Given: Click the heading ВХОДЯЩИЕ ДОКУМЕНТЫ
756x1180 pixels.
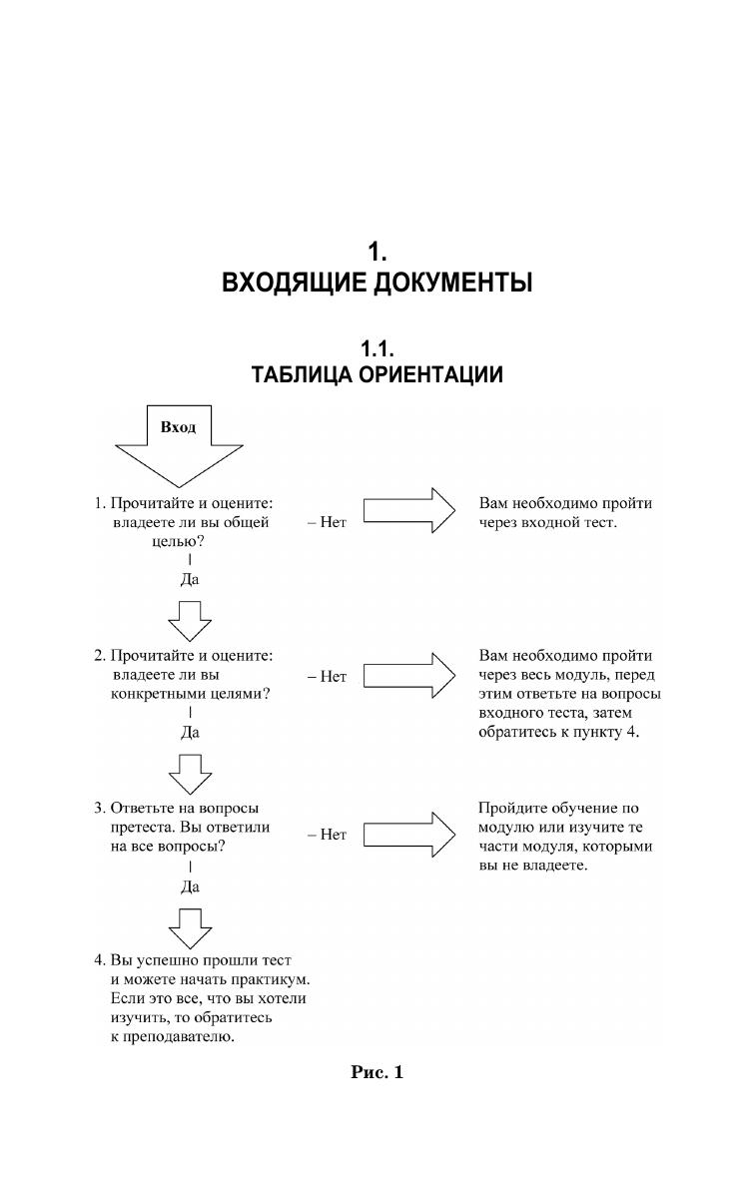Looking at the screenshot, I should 377,284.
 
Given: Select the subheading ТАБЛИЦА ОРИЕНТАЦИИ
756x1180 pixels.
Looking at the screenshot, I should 377,375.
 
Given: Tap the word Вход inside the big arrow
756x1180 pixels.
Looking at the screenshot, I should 179,427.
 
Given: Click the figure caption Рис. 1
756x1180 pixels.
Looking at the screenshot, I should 377,1073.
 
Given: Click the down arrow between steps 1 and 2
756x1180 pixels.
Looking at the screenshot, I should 190,619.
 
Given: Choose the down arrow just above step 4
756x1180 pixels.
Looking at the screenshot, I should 190,927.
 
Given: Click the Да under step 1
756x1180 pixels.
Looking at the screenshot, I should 190,578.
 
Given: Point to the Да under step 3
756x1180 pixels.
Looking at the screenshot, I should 190,885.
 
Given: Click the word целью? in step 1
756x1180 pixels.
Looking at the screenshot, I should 173,541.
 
